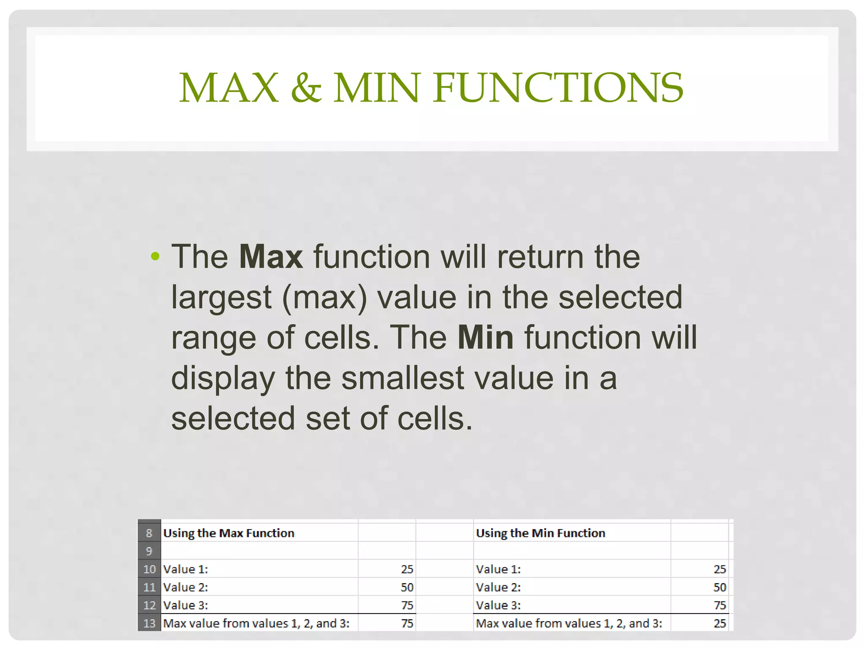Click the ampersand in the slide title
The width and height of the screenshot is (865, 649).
pos(306,88)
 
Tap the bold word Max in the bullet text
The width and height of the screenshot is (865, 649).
pos(271,256)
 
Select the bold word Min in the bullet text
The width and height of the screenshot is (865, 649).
pos(486,338)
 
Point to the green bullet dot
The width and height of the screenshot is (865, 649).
pos(155,256)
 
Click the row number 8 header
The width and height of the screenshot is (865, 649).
pos(149,533)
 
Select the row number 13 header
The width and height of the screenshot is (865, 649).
pos(149,623)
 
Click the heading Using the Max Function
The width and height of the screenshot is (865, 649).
pos(228,533)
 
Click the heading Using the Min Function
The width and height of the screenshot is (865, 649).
pos(541,533)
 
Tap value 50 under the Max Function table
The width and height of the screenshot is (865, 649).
pos(407,587)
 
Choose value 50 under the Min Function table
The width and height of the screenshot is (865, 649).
pos(720,587)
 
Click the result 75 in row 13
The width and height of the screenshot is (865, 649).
pos(407,623)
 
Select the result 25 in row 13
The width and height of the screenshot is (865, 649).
pos(720,623)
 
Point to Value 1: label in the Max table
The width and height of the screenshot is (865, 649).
pos(185,569)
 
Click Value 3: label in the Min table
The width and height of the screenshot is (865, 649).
pos(498,605)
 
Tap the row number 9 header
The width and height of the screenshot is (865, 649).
pos(149,551)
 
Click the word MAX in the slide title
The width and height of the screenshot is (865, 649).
pos(228,88)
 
